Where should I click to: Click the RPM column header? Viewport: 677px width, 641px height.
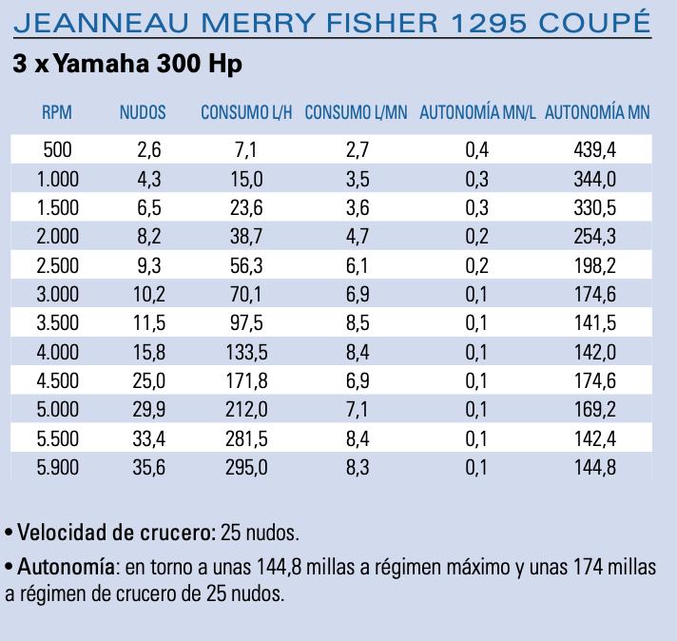click(57, 112)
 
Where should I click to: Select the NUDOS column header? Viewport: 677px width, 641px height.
click(143, 112)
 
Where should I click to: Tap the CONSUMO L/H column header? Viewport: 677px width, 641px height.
click(245, 112)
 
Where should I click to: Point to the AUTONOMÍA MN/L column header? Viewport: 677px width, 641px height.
click(478, 112)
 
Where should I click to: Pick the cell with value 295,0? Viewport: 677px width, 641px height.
click(246, 467)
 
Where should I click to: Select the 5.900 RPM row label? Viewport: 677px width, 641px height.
click(57, 467)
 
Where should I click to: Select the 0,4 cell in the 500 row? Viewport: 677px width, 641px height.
click(477, 149)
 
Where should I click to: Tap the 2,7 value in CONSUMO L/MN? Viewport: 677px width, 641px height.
click(356, 149)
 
